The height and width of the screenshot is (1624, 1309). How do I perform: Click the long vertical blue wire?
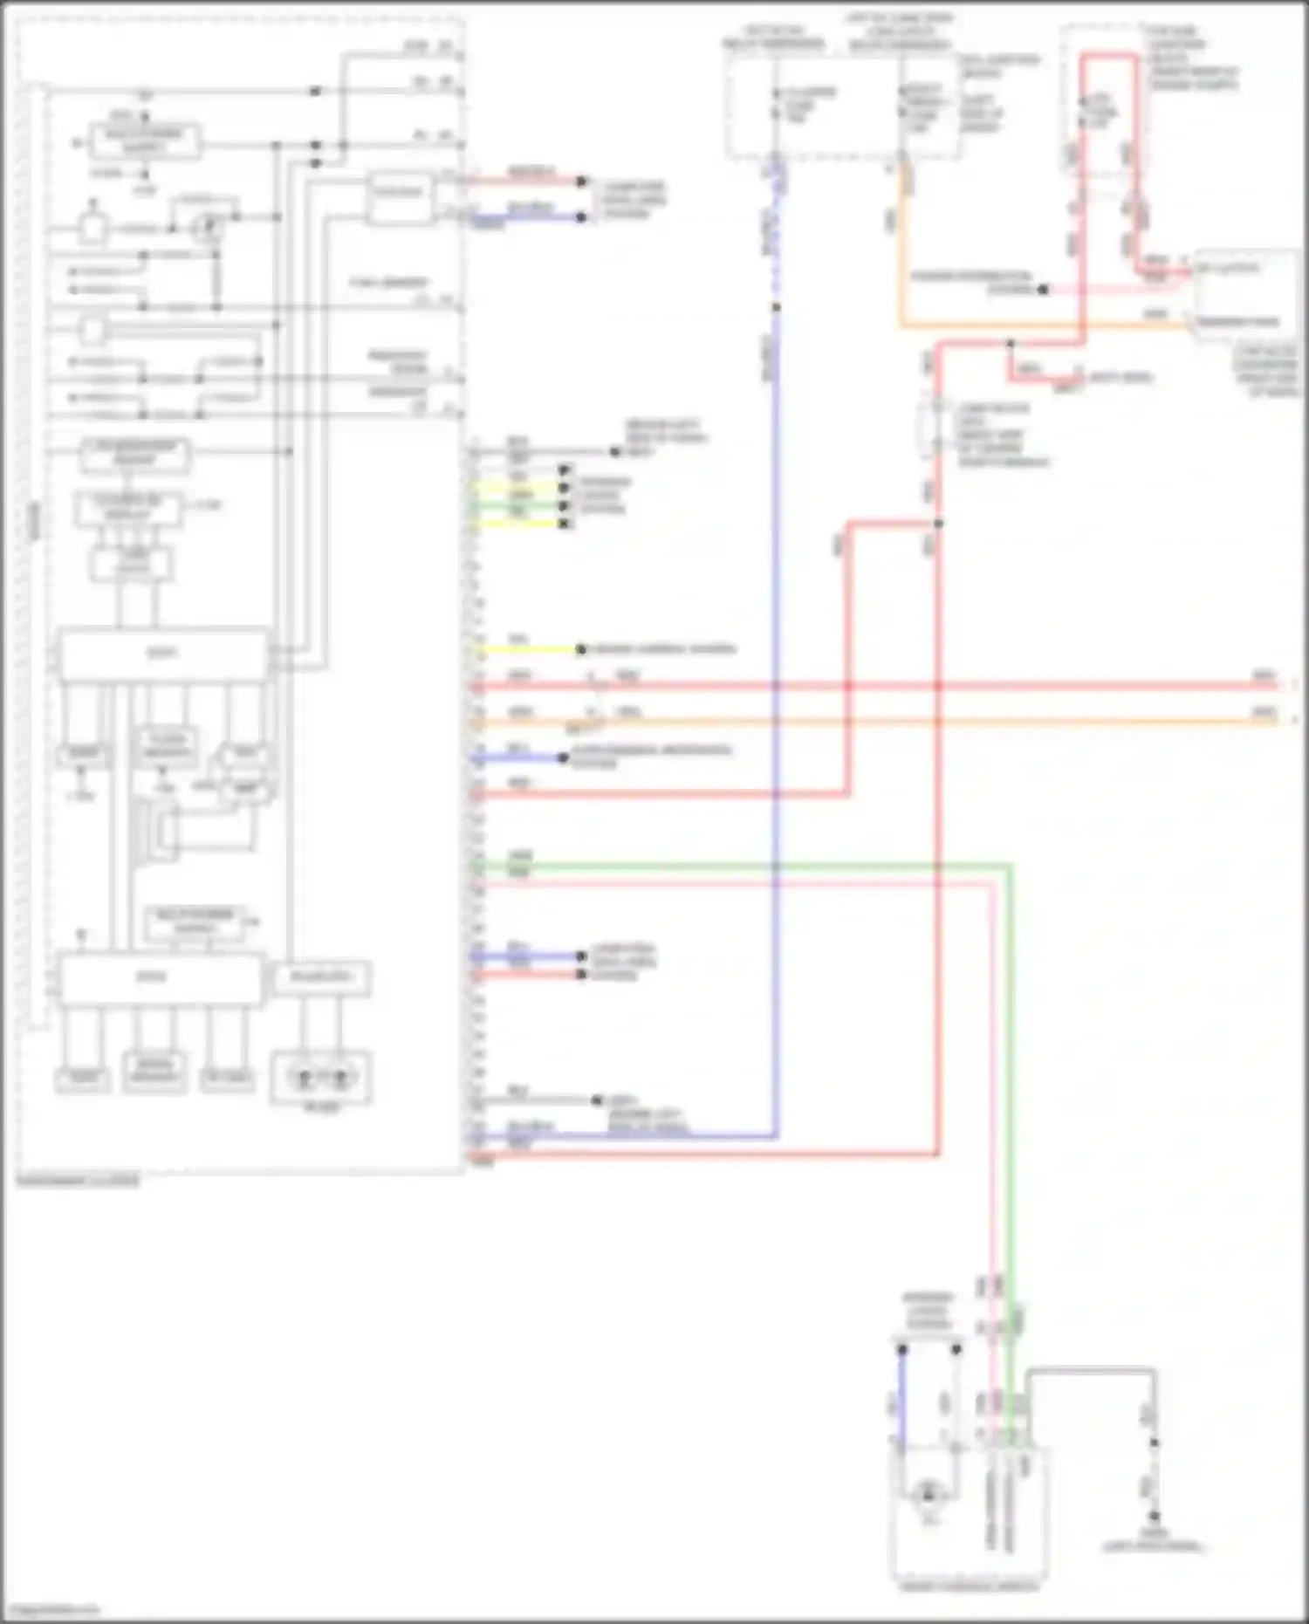[775, 611]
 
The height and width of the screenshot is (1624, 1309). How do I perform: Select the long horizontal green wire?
[742, 866]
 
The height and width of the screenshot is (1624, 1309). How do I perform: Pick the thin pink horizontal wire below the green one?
[742, 883]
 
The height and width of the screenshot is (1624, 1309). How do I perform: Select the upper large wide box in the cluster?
[163, 654]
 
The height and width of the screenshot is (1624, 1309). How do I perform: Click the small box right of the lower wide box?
[321, 978]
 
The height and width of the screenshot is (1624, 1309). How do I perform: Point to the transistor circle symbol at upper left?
[208, 229]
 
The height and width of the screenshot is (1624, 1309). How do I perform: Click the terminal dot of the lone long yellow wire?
[581, 649]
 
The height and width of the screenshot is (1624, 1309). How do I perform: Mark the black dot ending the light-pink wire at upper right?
[1043, 290]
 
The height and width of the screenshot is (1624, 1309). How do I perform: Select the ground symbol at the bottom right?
[1153, 1518]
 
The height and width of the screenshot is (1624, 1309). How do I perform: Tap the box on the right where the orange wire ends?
[1244, 295]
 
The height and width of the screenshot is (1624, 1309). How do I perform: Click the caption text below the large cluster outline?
[78, 1181]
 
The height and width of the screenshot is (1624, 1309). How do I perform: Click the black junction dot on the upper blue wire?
[775, 307]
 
